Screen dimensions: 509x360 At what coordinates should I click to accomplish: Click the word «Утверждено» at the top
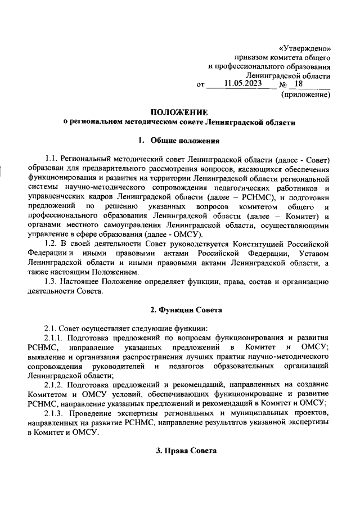pos(304,47)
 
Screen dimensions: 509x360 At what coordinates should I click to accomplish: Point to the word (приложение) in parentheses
pos(305,95)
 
